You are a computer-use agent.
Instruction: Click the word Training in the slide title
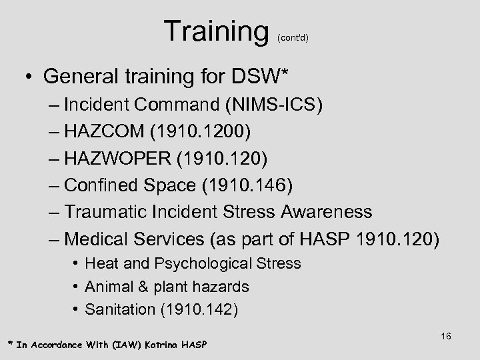pos(213,31)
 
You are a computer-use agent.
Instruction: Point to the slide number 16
pos(446,337)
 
